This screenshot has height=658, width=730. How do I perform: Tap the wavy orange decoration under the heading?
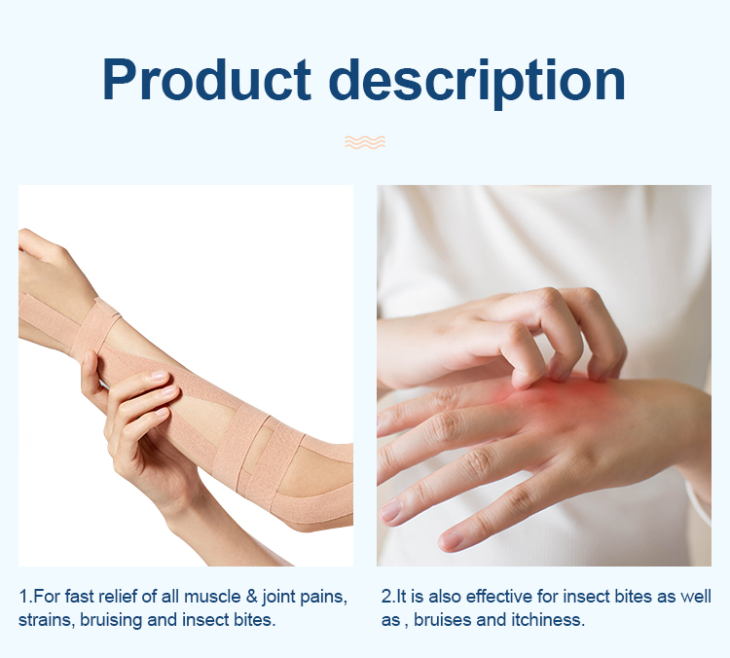[365, 142]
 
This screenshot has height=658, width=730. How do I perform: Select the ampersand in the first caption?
[246, 596]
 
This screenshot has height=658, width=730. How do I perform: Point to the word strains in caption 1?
[44, 620]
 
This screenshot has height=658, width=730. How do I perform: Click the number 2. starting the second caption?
[387, 596]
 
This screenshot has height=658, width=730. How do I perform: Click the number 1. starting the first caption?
[24, 596]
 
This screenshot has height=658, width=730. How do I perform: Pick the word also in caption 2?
[446, 596]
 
